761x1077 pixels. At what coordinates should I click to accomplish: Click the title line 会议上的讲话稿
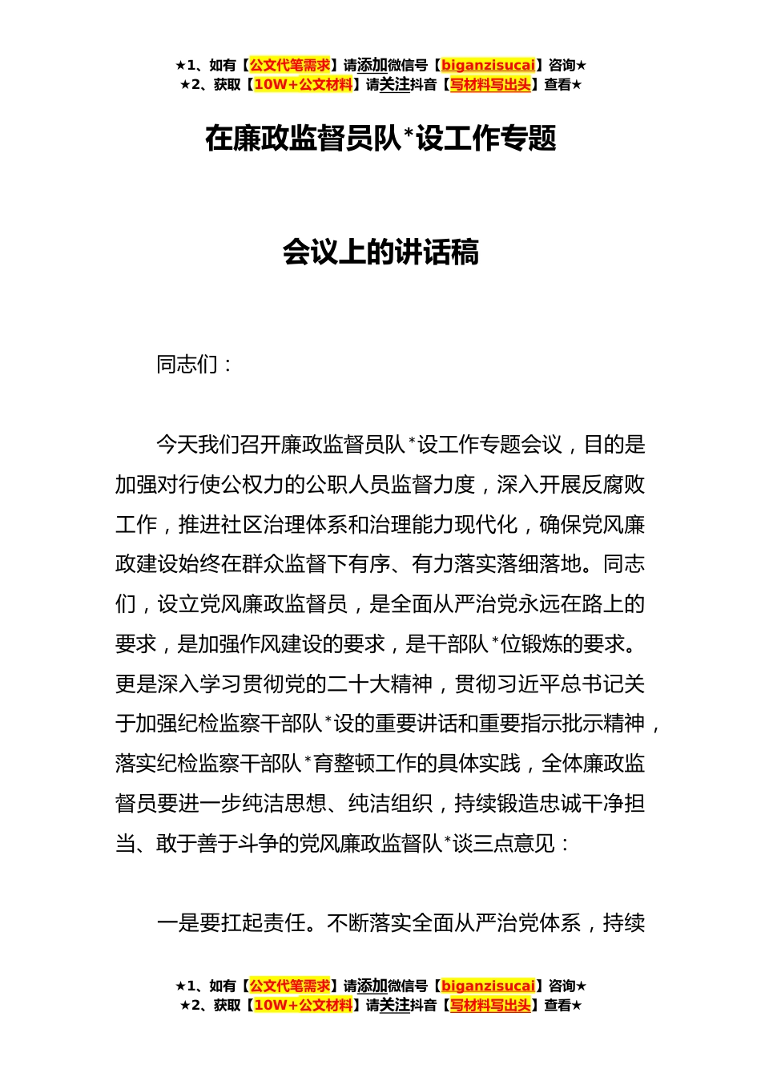[380, 252]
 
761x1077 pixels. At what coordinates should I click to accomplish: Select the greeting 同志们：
[195, 365]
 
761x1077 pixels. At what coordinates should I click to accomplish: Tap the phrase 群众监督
[284, 564]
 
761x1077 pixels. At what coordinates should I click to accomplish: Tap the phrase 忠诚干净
[570, 803]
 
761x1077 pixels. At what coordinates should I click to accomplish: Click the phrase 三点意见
[513, 843]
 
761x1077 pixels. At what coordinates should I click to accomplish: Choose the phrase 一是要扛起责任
[232, 923]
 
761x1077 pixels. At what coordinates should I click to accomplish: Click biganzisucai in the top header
[488, 66]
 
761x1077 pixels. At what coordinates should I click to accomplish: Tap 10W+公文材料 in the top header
[303, 85]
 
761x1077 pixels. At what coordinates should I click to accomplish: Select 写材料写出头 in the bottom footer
[490, 1005]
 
